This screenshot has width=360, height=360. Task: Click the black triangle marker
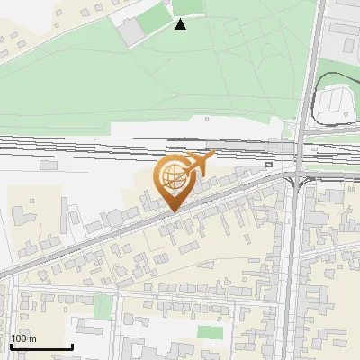coord(181,24)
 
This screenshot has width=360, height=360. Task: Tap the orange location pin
coord(175,180)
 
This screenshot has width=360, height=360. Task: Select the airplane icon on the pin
coord(200,163)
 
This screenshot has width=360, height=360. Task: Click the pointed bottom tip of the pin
coord(175,211)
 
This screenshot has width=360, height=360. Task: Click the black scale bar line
coord(41,347)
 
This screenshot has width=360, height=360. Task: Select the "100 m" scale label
coord(24,338)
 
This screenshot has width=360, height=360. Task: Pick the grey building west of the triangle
coord(131,31)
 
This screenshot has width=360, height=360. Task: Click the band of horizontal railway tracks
coord(135,146)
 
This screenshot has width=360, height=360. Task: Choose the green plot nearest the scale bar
coord(104,307)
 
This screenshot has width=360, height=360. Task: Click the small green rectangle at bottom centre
coord(211,333)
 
